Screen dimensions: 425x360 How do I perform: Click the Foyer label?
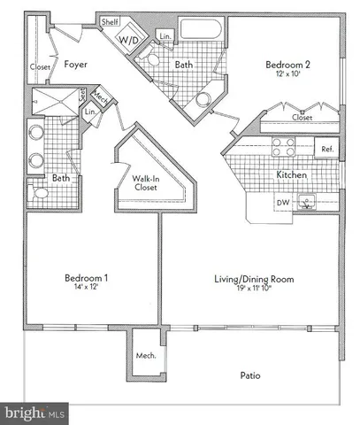pos(75,63)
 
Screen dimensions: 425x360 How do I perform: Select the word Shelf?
pos(111,21)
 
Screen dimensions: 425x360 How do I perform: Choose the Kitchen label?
pos(292,175)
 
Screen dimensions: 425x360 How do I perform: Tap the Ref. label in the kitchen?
pos(326,149)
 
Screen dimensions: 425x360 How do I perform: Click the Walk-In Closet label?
pos(147,183)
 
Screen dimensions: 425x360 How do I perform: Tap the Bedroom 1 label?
pos(86,279)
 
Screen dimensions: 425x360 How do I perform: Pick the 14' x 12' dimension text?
pos(86,289)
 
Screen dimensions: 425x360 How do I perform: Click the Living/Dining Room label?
pos(253,279)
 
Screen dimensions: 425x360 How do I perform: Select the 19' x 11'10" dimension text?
pos(253,289)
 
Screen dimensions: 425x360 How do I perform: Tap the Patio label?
pos(250,375)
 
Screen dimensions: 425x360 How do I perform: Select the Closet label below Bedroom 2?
pos(303,116)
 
